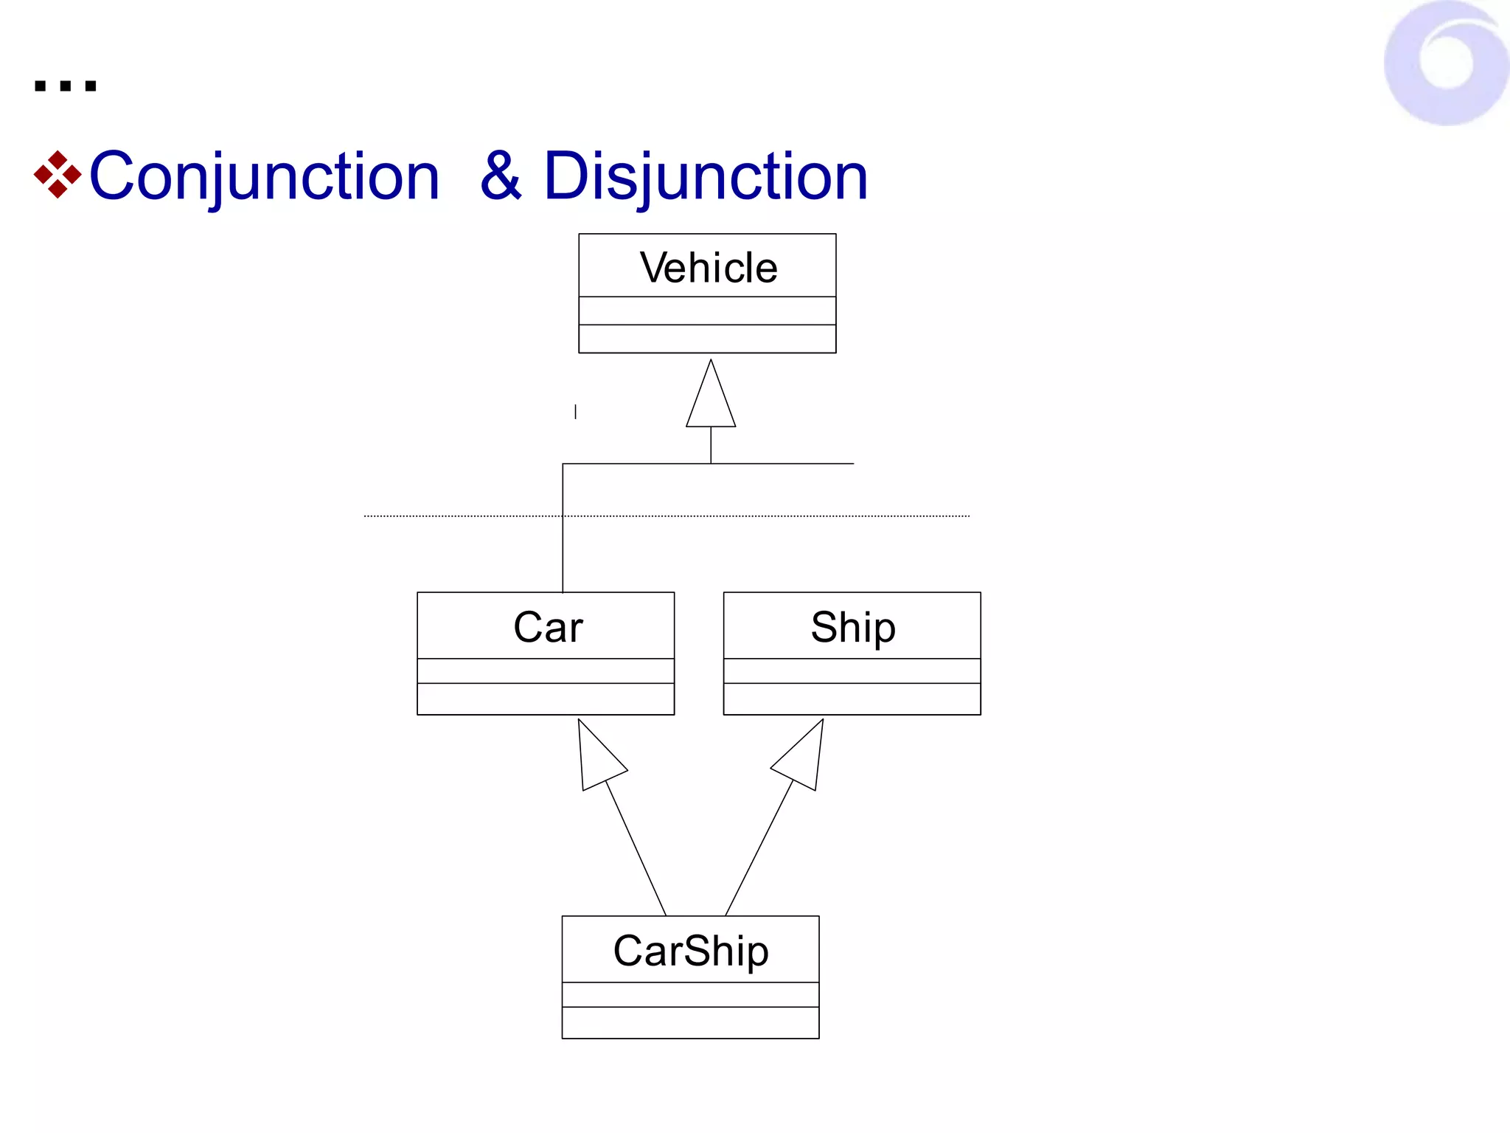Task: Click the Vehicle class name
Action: (x=708, y=267)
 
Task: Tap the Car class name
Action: (x=548, y=627)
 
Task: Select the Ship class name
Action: (x=853, y=627)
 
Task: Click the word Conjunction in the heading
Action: (x=264, y=176)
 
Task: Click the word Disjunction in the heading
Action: (x=706, y=176)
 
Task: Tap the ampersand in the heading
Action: (x=501, y=176)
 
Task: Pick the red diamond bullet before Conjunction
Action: (x=58, y=175)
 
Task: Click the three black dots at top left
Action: (x=65, y=86)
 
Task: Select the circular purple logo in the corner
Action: (x=1447, y=63)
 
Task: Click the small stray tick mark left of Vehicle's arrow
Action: (x=575, y=412)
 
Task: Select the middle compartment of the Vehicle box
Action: (x=707, y=311)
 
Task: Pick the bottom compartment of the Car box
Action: (x=546, y=699)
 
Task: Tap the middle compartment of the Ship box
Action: (x=852, y=671)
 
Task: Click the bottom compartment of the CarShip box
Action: (x=690, y=1022)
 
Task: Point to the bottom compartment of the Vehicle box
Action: (x=707, y=339)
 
